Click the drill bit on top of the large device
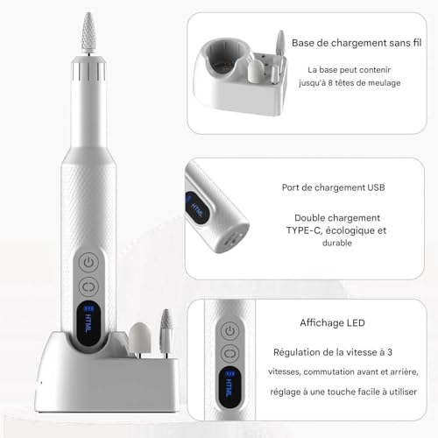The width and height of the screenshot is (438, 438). point(88,32)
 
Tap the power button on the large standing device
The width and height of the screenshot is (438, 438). point(88,263)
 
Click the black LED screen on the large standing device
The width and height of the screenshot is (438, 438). point(88,323)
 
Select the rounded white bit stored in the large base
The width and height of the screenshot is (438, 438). point(140,339)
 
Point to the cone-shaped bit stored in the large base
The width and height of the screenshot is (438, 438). point(166,331)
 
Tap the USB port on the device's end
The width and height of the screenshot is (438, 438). point(230,239)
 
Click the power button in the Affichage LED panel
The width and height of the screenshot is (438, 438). point(230,331)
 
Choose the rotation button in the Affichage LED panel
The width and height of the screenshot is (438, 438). point(230,354)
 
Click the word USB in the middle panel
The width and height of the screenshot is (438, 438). point(376,187)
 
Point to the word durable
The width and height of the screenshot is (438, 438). point(337,243)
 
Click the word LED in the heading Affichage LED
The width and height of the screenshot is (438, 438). point(356,323)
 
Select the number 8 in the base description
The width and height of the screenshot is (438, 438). point(330,83)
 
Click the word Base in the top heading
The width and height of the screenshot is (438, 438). point(303,43)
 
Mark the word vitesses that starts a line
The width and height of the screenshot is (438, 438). point(285,372)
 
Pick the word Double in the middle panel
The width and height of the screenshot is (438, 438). point(309,218)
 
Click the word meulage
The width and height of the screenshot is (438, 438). point(384,83)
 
